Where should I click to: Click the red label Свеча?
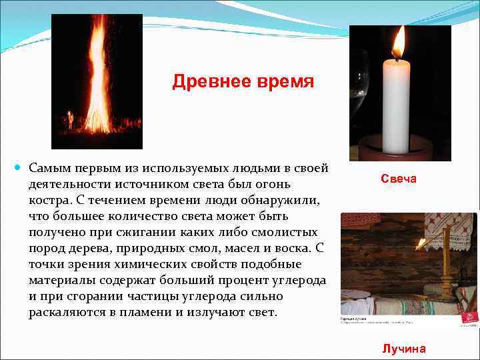point(399,179)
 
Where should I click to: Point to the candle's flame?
point(399,42)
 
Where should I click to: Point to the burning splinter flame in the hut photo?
point(421,241)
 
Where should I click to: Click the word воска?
point(287,248)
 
